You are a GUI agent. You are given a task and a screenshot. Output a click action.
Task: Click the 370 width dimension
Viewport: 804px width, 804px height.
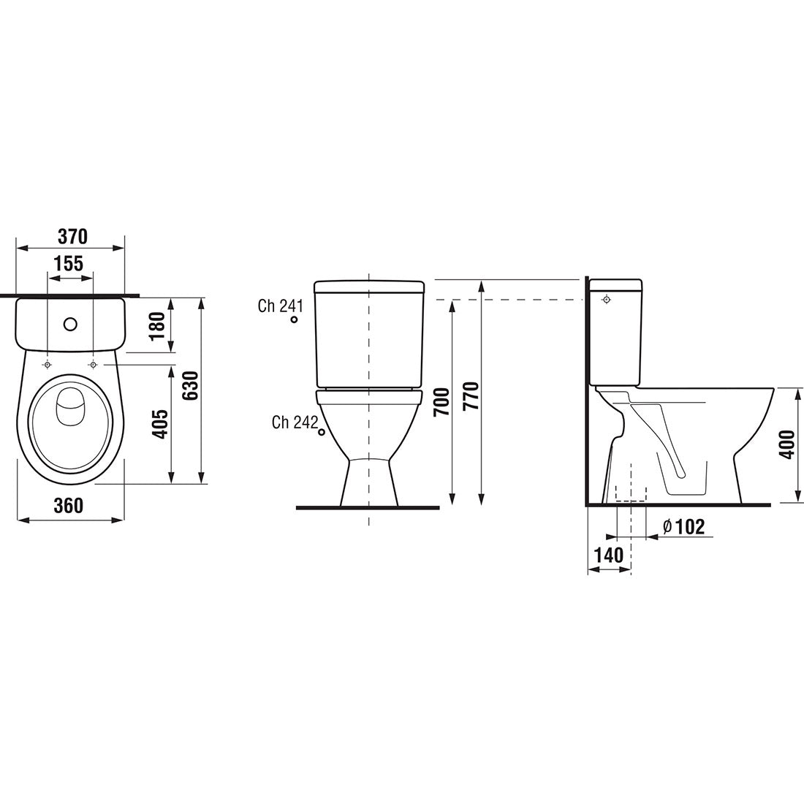point(72,236)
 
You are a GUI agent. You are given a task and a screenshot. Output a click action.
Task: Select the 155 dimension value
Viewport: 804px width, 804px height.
point(69,264)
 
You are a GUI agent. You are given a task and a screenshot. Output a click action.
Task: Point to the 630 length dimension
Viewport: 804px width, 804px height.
point(190,386)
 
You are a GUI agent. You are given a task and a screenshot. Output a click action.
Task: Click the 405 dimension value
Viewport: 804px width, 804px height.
point(160,423)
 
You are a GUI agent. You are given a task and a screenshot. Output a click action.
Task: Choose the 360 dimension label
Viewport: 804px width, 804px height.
point(68,506)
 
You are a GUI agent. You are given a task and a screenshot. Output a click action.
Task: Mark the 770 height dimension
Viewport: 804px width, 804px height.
point(471,395)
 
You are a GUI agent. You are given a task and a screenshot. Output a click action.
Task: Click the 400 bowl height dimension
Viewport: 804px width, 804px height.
point(787,444)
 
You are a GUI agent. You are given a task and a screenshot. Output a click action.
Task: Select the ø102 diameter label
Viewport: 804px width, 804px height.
point(683,526)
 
